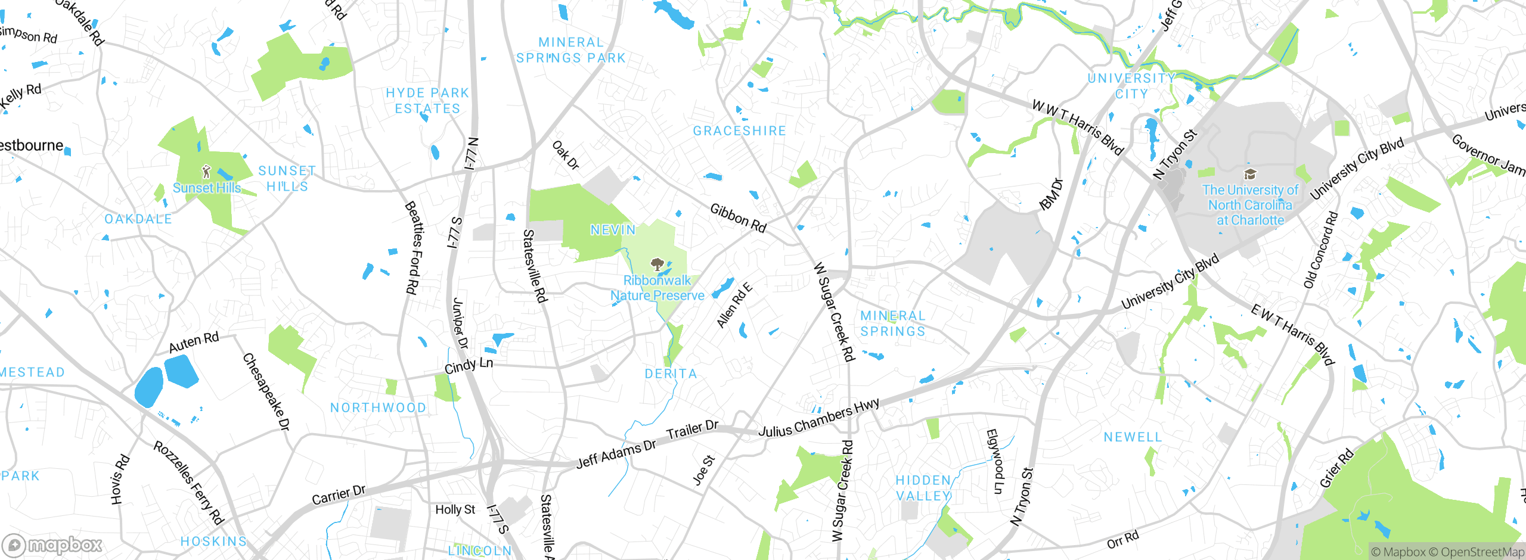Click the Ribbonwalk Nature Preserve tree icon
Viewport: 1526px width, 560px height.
coord(657,264)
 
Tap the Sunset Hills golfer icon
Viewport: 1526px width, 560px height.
coord(206,172)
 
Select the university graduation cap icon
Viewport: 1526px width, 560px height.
coord(1250,174)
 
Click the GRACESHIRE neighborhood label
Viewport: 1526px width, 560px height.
coord(739,131)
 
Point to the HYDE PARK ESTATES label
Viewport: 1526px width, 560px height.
coord(427,101)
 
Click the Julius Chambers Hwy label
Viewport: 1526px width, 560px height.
coord(818,418)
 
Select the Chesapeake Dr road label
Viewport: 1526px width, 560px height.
coord(266,392)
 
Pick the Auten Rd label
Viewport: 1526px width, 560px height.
coord(194,343)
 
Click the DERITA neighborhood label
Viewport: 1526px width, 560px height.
coord(671,374)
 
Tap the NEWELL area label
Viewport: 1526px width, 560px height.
coord(1133,437)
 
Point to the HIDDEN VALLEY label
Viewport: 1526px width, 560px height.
coord(923,488)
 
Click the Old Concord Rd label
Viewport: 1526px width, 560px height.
coord(1320,250)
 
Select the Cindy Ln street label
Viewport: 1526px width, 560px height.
coord(469,365)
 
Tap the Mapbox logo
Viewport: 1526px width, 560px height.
coord(52,545)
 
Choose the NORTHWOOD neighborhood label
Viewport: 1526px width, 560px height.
coord(378,407)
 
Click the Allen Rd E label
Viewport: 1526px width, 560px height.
coord(734,306)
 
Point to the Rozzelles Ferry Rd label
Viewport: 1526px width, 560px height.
coord(188,483)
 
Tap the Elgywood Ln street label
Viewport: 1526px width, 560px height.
coord(995,462)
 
